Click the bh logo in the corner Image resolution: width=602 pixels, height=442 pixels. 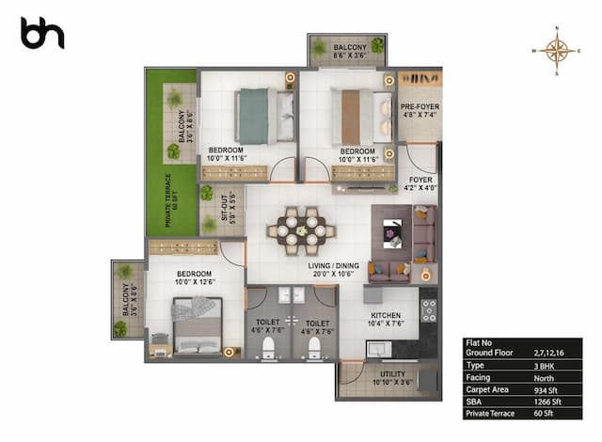pos(42,33)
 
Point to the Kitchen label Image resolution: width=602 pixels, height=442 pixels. pos(387,320)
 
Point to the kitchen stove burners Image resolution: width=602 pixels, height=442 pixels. pos(428,311)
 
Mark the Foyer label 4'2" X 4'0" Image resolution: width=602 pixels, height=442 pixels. pos(420,182)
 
